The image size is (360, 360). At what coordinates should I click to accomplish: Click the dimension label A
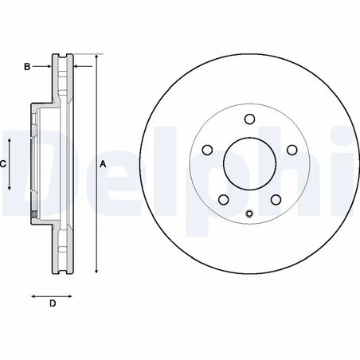pyautogui.click(x=102, y=163)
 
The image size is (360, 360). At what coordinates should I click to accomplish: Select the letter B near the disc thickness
pyautogui.click(x=26, y=68)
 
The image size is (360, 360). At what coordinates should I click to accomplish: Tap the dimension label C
pyautogui.click(x=3, y=163)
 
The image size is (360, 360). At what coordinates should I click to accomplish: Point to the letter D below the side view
pyautogui.click(x=51, y=303)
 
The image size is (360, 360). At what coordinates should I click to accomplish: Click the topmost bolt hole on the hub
pyautogui.click(x=248, y=120)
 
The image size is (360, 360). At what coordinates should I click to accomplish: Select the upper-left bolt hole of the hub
pyautogui.click(x=207, y=150)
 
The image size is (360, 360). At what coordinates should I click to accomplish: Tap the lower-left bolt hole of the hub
pyautogui.click(x=223, y=199)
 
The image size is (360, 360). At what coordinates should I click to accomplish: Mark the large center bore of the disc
pyautogui.click(x=248, y=163)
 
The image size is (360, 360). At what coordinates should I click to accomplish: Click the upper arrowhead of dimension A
pyautogui.click(x=96, y=58)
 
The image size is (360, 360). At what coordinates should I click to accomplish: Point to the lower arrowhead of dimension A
pyautogui.click(x=96, y=270)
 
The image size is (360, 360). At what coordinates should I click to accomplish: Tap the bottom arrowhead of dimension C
pyautogui.click(x=10, y=189)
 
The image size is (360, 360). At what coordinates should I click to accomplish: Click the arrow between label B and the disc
pyautogui.click(x=46, y=68)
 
